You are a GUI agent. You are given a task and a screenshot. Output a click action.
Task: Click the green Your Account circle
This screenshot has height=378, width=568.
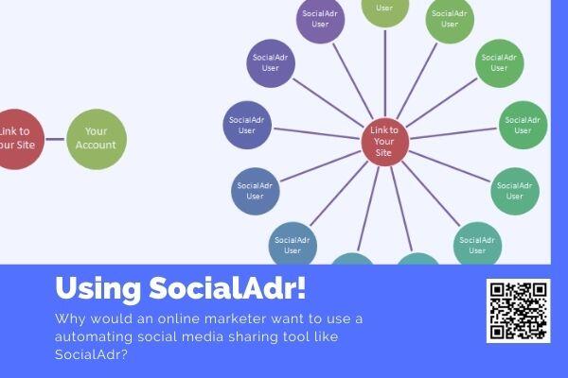coord(97,139)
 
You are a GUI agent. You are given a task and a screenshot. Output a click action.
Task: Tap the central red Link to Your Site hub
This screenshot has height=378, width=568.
coord(385,142)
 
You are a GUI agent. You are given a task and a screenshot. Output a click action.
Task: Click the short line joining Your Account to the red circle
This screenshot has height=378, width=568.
coord(55,139)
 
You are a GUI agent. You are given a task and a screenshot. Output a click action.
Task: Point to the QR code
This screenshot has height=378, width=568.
coord(519,311)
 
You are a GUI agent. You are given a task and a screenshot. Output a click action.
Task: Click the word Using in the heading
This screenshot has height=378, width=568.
coord(98,289)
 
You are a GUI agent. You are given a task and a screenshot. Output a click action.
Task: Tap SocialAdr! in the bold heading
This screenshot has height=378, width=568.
coord(227,288)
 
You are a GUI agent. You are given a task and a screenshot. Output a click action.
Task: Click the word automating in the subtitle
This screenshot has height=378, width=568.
coord(94,337)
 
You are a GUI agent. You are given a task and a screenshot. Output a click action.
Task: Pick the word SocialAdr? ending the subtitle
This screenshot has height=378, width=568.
coord(91,354)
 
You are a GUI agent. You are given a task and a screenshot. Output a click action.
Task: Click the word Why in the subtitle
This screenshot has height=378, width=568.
coord(70,319)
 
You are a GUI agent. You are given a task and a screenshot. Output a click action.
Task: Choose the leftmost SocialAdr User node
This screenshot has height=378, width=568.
coord(247,125)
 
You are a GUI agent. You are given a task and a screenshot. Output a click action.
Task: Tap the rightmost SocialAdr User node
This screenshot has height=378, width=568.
coord(524,125)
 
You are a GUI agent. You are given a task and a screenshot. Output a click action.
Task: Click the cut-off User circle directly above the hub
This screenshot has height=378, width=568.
coord(385,10)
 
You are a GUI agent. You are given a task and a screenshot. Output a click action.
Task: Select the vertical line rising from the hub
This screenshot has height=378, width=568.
coord(385,74)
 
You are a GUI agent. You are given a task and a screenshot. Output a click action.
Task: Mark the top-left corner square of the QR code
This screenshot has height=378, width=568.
coord(497,290)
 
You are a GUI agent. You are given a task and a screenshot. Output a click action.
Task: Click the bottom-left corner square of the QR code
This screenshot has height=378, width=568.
coord(497,332)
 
